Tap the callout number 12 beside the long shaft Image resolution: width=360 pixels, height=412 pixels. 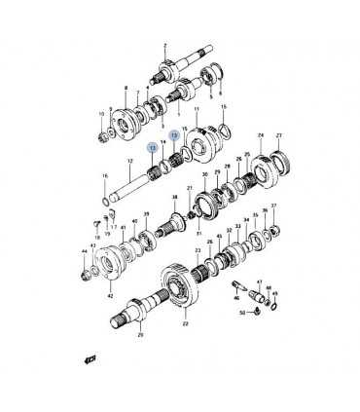tap(130, 161)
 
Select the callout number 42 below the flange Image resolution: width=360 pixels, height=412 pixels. tap(110, 294)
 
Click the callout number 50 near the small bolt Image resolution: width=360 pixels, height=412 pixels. tap(242, 312)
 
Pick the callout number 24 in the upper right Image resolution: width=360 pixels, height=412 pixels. tap(260, 135)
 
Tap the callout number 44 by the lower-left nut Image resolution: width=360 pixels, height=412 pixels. tap(85, 251)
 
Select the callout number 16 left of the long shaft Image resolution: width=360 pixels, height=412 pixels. tap(104, 175)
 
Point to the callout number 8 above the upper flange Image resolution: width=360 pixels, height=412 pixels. tap(126, 89)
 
